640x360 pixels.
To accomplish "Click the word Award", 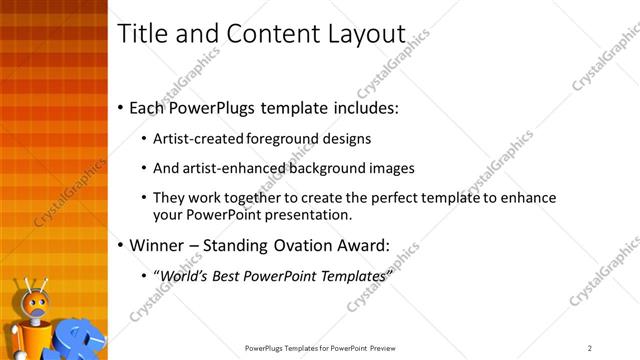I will pos(366,244).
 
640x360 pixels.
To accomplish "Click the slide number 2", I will pos(590,348).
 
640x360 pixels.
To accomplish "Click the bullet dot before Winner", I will pos(121,244).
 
